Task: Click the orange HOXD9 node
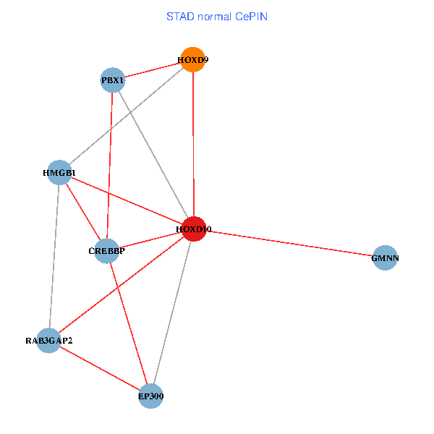(x=192, y=59)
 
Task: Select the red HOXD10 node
(x=194, y=229)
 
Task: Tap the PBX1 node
(x=113, y=80)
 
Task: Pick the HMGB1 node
(x=59, y=172)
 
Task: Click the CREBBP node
(x=107, y=251)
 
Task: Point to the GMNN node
(x=385, y=258)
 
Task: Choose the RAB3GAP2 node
(x=49, y=340)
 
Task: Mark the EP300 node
(x=150, y=396)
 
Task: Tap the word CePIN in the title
(x=251, y=16)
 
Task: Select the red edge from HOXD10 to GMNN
(x=289, y=243)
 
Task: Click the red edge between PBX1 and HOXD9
(x=153, y=69)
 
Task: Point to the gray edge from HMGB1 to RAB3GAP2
(x=54, y=256)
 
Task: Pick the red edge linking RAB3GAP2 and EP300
(x=100, y=367)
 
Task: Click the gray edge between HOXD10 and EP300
(x=172, y=312)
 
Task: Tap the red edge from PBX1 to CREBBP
(x=110, y=165)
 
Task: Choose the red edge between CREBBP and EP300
(x=129, y=323)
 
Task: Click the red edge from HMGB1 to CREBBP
(x=83, y=211)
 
